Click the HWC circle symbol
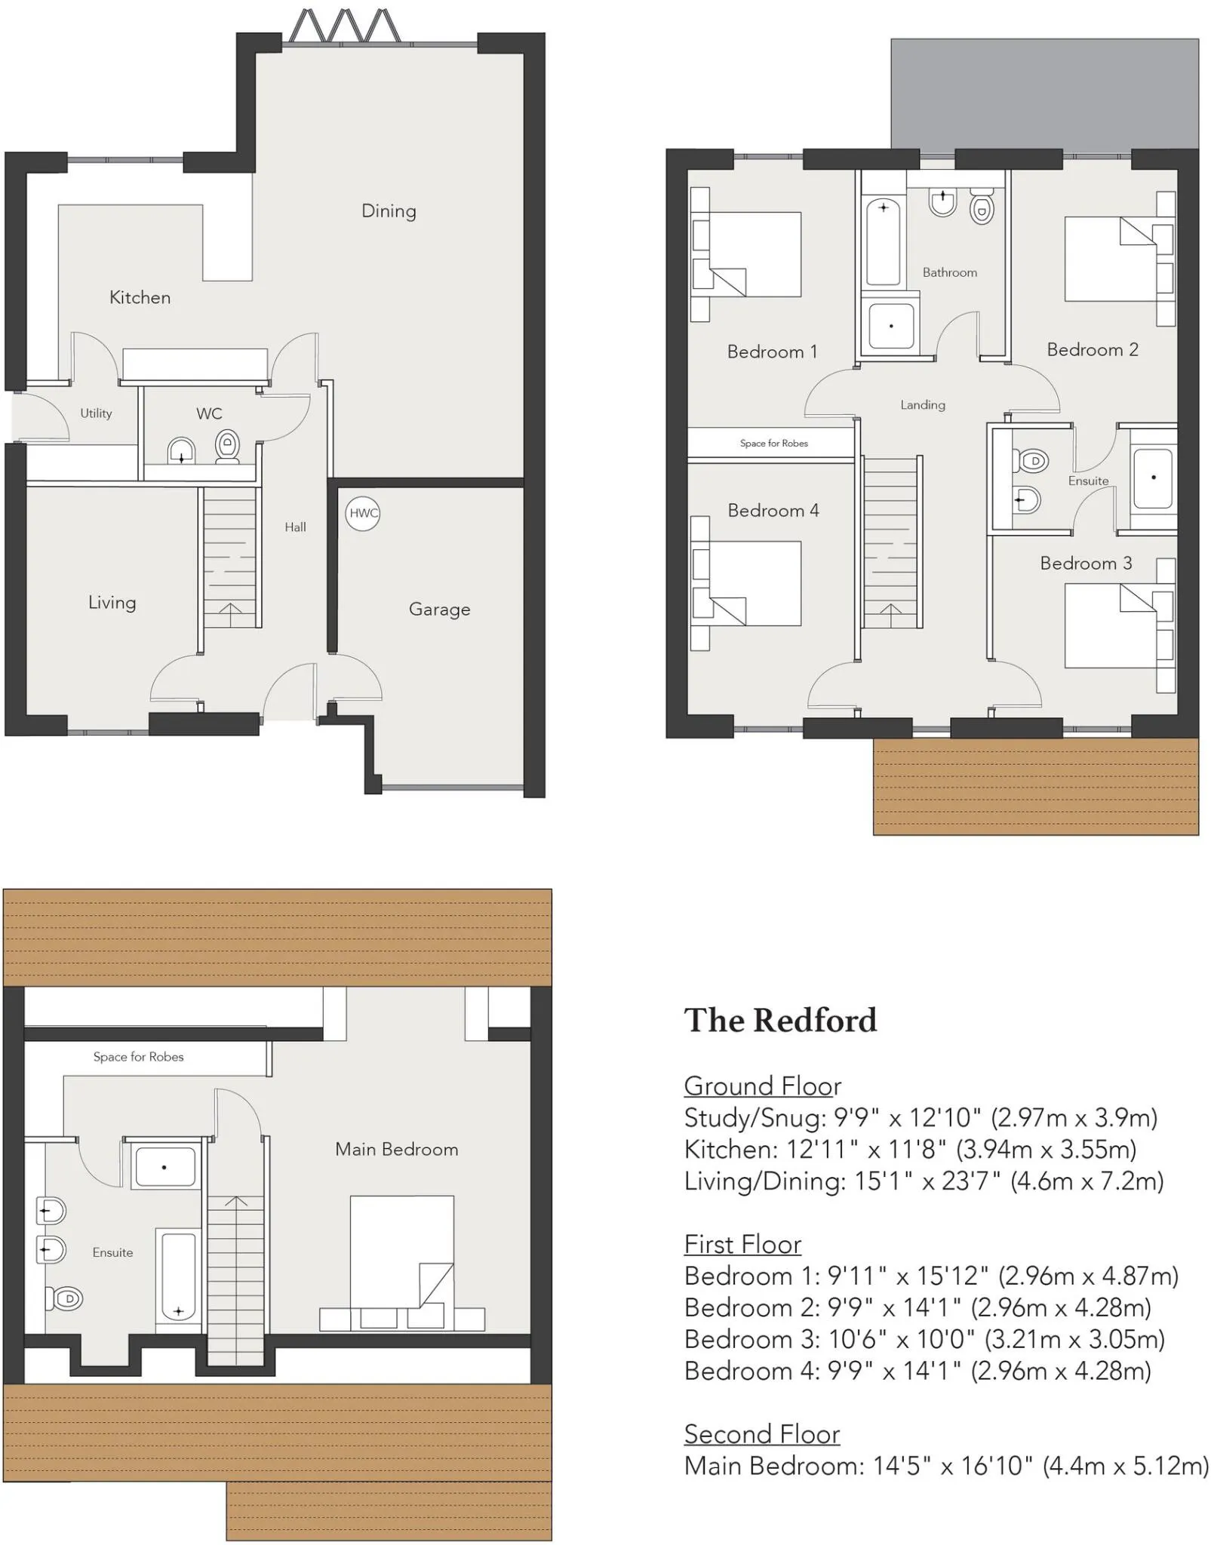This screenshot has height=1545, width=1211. pyautogui.click(x=363, y=513)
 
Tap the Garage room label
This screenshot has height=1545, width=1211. pyautogui.click(x=439, y=610)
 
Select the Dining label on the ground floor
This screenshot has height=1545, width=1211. pyautogui.click(x=389, y=211)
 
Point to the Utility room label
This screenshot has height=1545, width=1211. pyautogui.click(x=96, y=413)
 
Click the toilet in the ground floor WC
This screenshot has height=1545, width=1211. pyautogui.click(x=227, y=446)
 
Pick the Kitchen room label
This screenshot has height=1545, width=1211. pyautogui.click(x=140, y=297)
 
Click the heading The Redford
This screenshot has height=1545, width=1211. pyautogui.click(x=780, y=1020)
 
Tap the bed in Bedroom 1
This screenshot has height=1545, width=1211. pyautogui.click(x=747, y=255)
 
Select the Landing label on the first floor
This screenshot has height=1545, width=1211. pyautogui.click(x=922, y=405)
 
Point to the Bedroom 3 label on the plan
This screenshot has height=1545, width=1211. pyautogui.click(x=1086, y=564)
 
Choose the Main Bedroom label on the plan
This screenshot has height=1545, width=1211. pyautogui.click(x=397, y=1149)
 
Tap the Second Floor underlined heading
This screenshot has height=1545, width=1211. pyautogui.click(x=762, y=1433)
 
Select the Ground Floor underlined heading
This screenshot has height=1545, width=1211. pyautogui.click(x=762, y=1086)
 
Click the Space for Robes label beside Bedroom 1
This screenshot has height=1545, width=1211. pyautogui.click(x=773, y=444)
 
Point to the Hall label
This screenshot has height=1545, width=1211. pyautogui.click(x=295, y=527)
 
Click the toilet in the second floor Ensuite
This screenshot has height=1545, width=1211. pyautogui.click(x=64, y=1298)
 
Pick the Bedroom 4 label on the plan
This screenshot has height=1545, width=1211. pyautogui.click(x=773, y=511)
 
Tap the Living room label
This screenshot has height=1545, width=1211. pyautogui.click(x=112, y=603)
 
